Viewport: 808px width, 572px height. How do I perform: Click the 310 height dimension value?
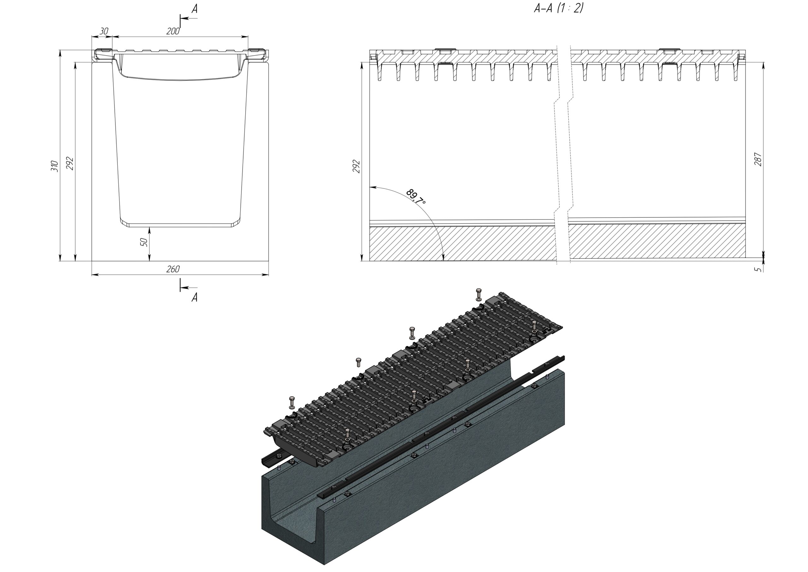(x=55, y=166)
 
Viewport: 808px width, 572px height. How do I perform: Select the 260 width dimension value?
(x=173, y=269)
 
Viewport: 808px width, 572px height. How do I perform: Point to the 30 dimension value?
(x=104, y=31)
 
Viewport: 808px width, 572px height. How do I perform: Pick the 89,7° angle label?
(x=416, y=197)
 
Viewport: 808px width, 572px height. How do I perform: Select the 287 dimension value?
(x=758, y=159)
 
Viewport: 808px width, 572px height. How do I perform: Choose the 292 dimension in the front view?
(x=70, y=163)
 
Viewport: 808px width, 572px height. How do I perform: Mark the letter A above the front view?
(x=194, y=9)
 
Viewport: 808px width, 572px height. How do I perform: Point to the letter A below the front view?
(x=194, y=298)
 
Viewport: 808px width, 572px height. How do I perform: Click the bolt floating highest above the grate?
(x=478, y=294)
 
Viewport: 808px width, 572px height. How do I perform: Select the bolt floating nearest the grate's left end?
(x=292, y=402)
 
